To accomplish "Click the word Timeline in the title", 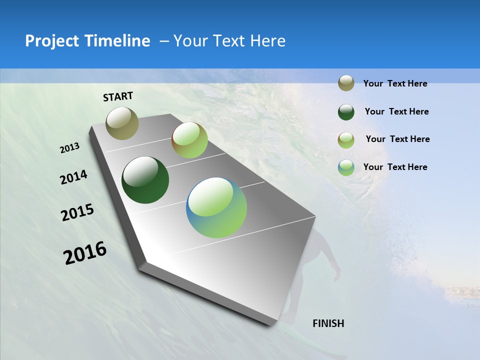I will click(x=118, y=41).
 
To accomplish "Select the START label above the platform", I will click(x=118, y=96).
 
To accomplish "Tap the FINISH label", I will click(x=328, y=323).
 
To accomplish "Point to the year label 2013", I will click(x=69, y=148).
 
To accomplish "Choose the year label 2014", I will click(x=73, y=177).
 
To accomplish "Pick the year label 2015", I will click(x=77, y=212).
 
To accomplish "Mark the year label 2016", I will click(x=85, y=253).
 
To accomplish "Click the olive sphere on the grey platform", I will click(x=122, y=123).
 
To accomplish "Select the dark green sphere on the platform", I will click(x=145, y=180).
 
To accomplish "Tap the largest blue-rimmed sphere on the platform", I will click(x=216, y=207).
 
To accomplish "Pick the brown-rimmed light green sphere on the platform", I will click(x=189, y=140).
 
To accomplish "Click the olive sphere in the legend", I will click(x=346, y=83).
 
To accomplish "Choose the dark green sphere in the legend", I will click(x=346, y=112).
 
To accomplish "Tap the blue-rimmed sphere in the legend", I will click(x=346, y=167).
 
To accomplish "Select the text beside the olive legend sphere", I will click(x=395, y=84).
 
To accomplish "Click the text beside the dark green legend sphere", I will click(x=396, y=111).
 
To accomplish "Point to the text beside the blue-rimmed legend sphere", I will click(x=395, y=167).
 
